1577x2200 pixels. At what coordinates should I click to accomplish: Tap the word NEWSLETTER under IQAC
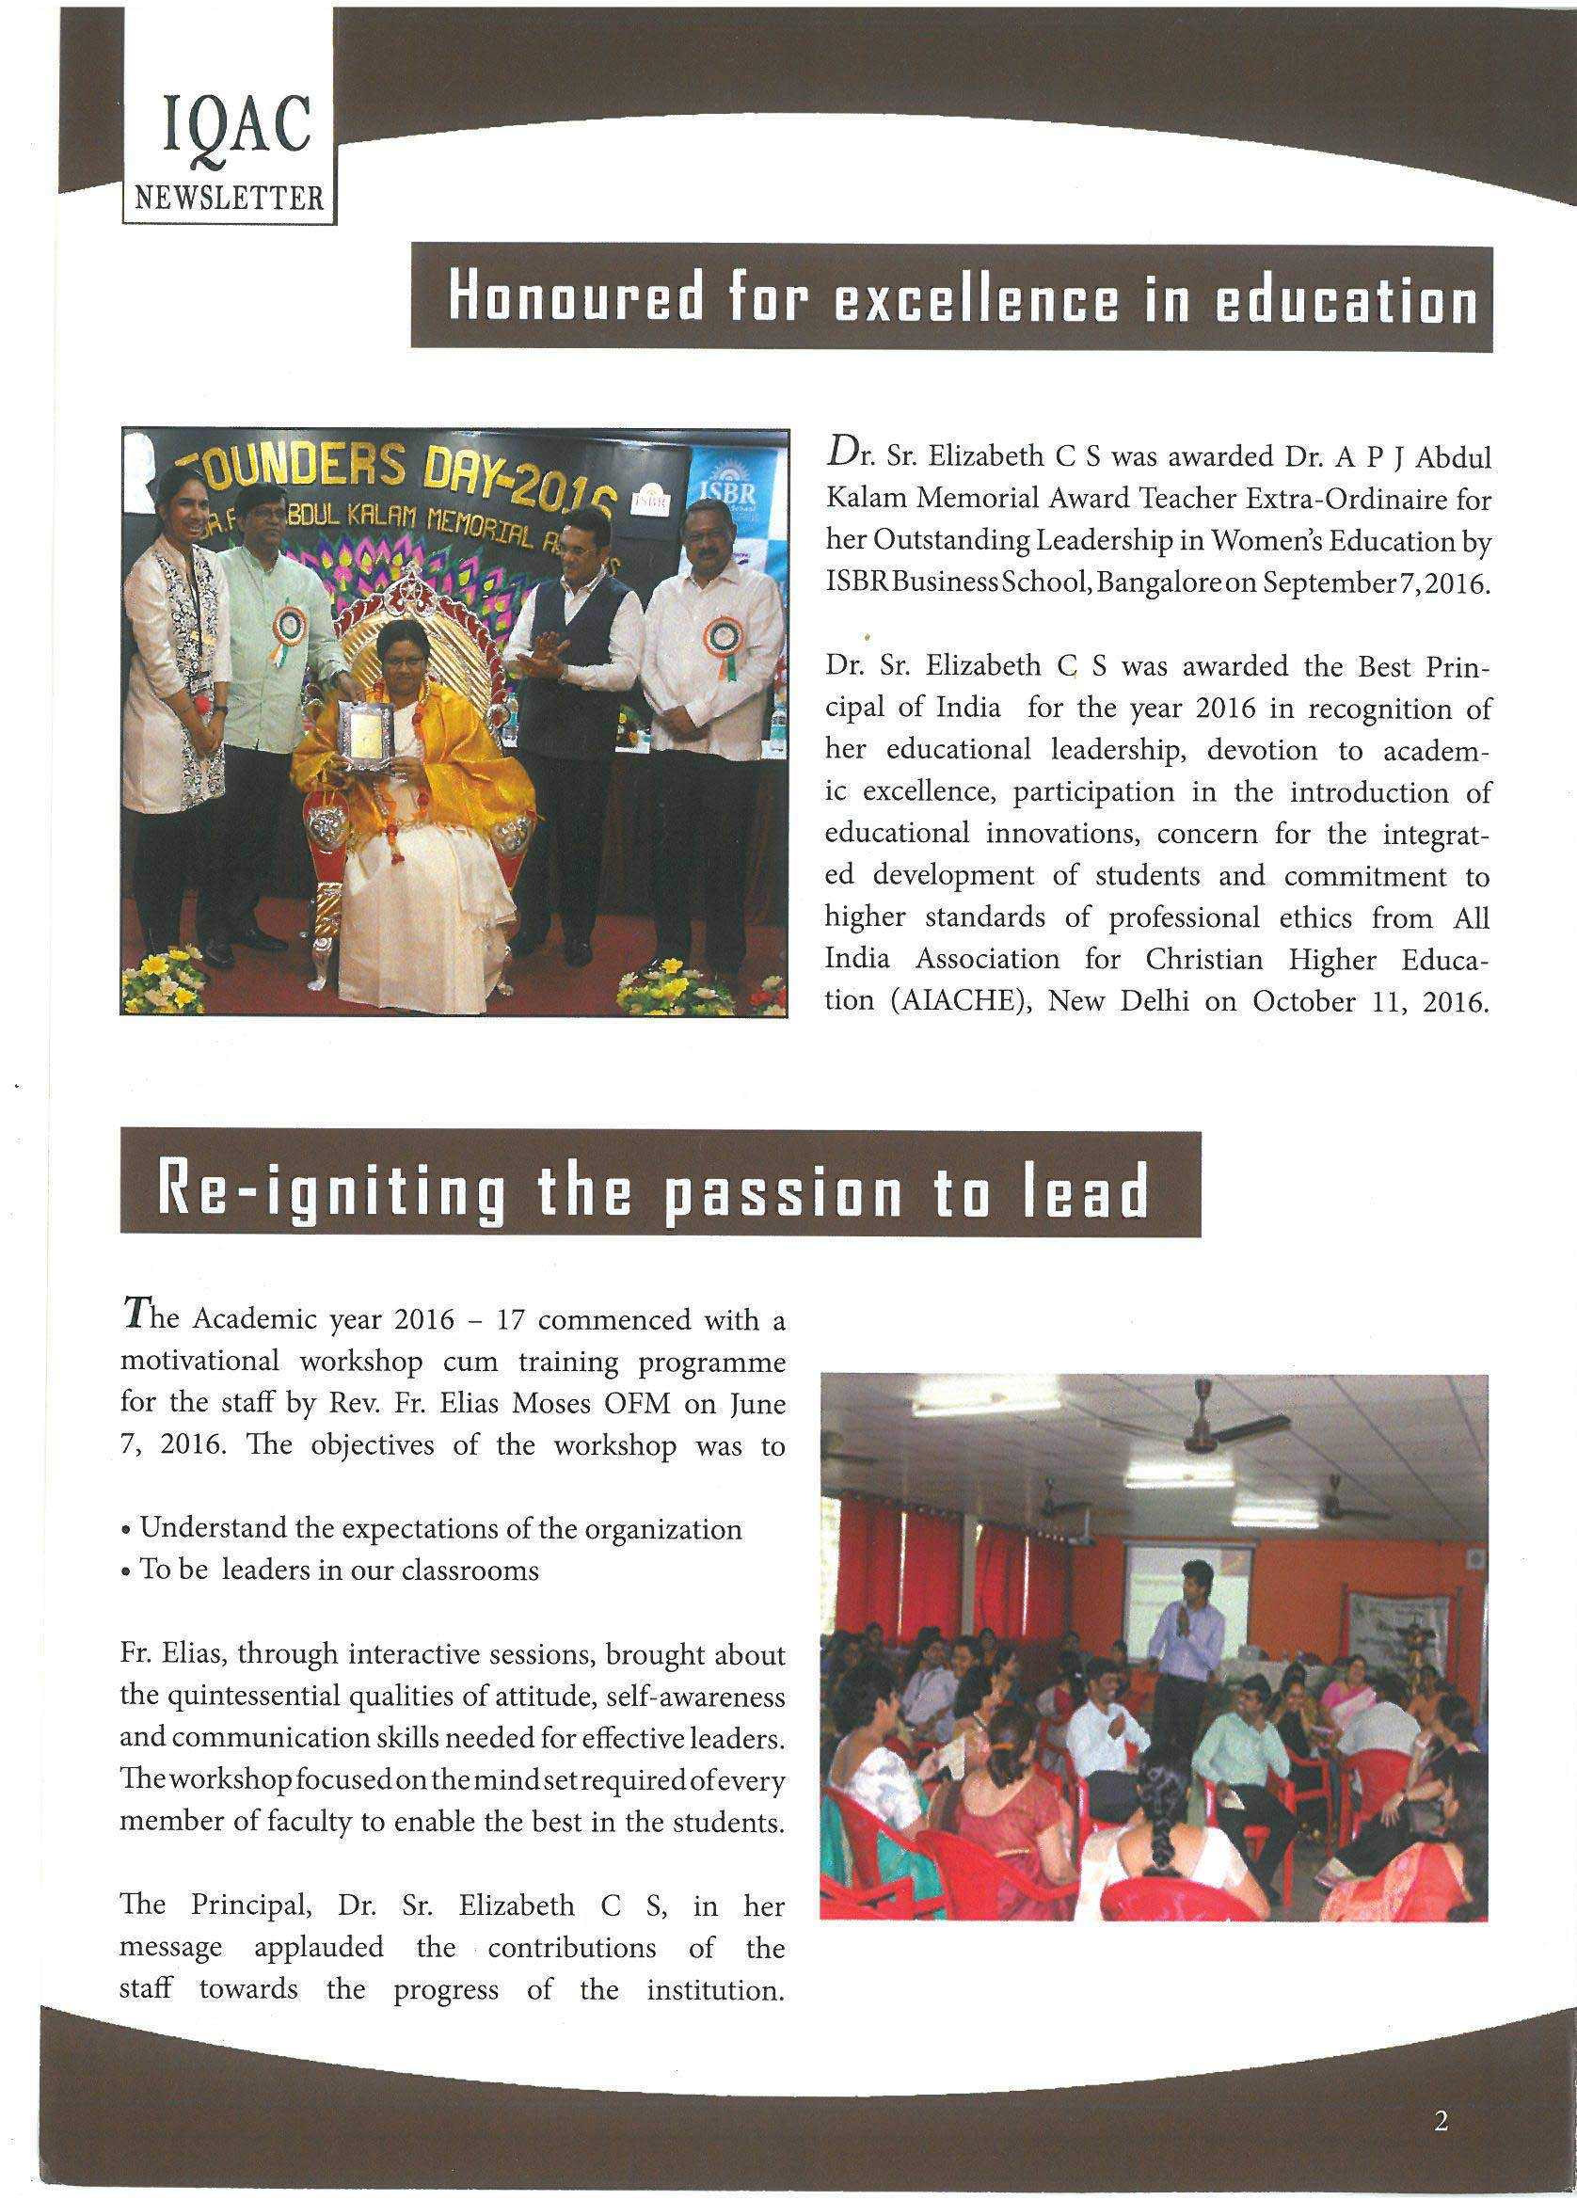pyautogui.click(x=230, y=199)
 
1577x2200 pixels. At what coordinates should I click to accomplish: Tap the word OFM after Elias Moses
pyautogui.click(x=645, y=1404)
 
